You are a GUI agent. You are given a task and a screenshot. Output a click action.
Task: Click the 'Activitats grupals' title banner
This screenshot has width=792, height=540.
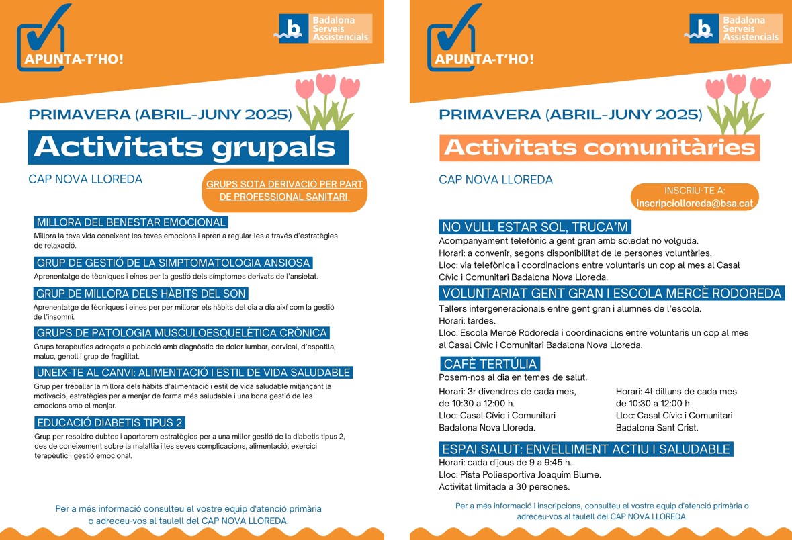click(188, 147)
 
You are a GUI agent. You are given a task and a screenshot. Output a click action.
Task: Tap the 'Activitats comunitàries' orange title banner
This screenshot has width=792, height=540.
click(599, 148)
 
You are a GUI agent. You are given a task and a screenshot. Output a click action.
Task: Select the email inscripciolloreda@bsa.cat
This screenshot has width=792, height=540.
click(695, 203)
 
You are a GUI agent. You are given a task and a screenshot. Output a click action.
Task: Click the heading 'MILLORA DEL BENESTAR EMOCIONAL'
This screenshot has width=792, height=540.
click(131, 222)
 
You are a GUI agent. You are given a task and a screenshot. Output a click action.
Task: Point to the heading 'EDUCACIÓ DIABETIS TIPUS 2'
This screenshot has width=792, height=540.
click(110, 422)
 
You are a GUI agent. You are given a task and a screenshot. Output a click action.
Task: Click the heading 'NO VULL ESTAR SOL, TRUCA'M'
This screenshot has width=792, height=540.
click(535, 226)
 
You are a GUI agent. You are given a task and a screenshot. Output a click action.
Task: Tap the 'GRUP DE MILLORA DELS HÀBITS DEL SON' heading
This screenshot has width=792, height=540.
click(142, 294)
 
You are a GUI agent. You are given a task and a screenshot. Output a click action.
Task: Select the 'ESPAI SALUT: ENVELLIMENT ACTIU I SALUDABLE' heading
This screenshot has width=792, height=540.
click(586, 449)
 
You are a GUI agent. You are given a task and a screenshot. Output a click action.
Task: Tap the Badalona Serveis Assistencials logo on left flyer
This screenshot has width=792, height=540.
click(326, 29)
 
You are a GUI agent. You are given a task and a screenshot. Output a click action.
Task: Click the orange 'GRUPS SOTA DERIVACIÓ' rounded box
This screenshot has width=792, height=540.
click(284, 191)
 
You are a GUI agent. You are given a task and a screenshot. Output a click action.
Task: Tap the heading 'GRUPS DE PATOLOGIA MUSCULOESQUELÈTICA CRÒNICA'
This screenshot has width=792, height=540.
click(182, 333)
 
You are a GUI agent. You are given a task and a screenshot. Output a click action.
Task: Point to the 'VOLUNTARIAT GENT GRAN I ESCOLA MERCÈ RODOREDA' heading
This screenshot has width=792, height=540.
click(612, 293)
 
